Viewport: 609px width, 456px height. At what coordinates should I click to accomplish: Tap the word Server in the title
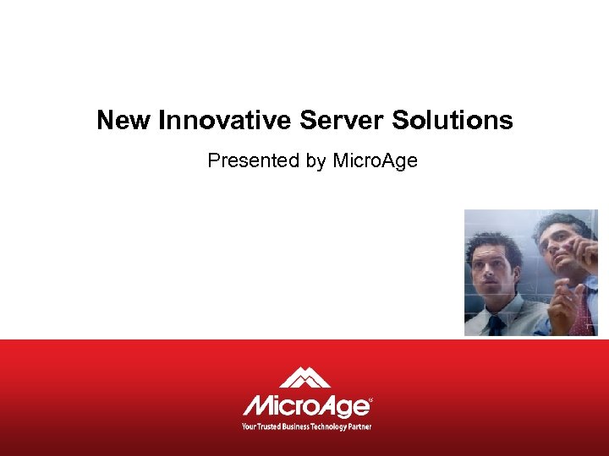click(x=342, y=120)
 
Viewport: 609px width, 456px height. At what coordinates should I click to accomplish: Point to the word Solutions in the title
click(x=452, y=120)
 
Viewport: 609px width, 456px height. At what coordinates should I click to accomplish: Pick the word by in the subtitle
click(x=316, y=160)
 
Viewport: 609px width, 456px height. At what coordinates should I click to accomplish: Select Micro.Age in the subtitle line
click(x=375, y=160)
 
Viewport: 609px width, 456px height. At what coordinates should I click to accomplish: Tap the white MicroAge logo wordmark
click(x=306, y=405)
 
